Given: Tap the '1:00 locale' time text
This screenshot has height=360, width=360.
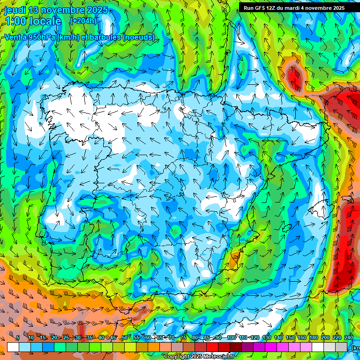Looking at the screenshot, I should tap(33, 21).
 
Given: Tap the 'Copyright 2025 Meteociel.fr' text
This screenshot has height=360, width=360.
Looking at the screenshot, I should tap(199, 357).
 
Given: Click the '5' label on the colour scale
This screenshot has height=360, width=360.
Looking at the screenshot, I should tap(18, 337).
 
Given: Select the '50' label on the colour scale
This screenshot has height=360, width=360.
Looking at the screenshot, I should tap(124, 337).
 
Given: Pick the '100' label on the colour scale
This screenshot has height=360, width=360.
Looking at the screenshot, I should tap(231, 337).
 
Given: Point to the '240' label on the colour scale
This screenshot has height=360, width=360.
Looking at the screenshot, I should tap(349, 337).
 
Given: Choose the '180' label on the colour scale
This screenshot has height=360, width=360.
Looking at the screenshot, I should tap(314, 337).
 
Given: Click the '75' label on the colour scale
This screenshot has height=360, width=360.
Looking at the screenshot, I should tap(183, 337).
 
